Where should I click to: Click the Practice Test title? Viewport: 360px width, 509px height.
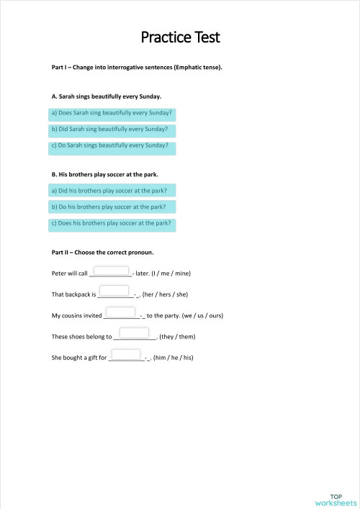point(180,37)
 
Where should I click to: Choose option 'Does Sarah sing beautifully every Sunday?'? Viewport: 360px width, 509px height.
point(112,114)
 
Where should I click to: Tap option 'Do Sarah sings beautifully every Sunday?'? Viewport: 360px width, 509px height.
point(112,147)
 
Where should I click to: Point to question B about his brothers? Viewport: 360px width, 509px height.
point(105,174)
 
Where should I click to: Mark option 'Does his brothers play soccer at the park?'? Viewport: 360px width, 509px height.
point(112,224)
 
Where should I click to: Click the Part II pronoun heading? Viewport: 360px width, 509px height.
point(102,253)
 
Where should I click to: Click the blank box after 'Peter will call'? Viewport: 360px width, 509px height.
point(111,271)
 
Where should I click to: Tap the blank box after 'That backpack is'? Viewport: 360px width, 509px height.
point(114,291)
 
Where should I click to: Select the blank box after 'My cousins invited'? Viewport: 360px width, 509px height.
point(122,312)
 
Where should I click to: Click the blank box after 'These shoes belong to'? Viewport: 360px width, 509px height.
point(134,333)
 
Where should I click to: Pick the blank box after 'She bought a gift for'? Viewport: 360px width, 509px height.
point(126,354)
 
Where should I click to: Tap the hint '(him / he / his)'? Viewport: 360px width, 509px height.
point(174,358)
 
